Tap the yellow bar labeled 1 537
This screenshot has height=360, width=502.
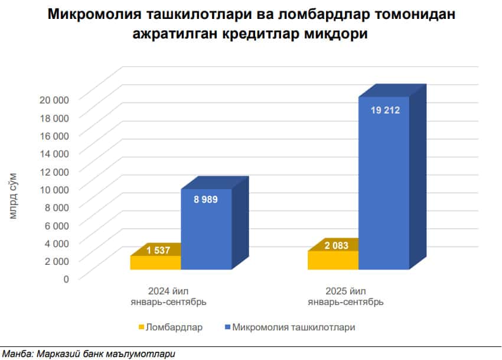pyautogui.click(x=155, y=262)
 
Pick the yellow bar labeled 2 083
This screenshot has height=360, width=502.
pyautogui.click(x=333, y=260)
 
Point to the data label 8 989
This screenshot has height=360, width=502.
pyautogui.click(x=206, y=199)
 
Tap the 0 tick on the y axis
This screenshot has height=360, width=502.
pyautogui.click(x=66, y=278)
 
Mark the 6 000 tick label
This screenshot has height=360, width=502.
pyautogui.click(x=58, y=224)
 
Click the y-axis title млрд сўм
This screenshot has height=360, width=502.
pyautogui.click(x=14, y=196)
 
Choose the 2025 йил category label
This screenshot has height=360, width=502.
pyautogui.click(x=345, y=291)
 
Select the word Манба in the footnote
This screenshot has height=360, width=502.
pyautogui.click(x=17, y=354)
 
